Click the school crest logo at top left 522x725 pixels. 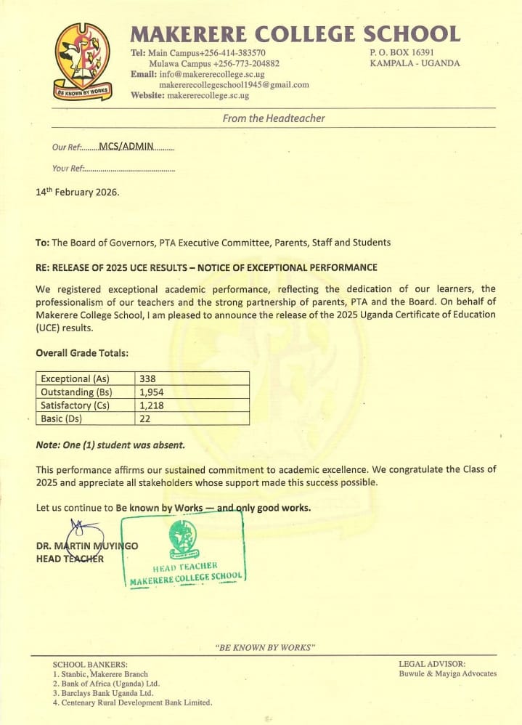pyautogui.click(x=83, y=61)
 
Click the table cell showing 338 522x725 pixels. pyautogui.click(x=147, y=378)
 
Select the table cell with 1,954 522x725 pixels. pyautogui.click(x=152, y=392)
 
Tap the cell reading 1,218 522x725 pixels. pyautogui.click(x=152, y=405)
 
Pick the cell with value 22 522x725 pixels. pyautogui.click(x=144, y=418)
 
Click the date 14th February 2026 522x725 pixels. pyautogui.click(x=77, y=193)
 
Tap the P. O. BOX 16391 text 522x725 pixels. pyautogui.click(x=401, y=52)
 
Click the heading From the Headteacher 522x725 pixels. pyautogui.click(x=274, y=118)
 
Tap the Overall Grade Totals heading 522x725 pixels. pyautogui.click(x=82, y=353)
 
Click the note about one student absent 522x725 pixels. pyautogui.click(x=110, y=445)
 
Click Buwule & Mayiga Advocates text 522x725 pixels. pyautogui.click(x=447, y=673)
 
